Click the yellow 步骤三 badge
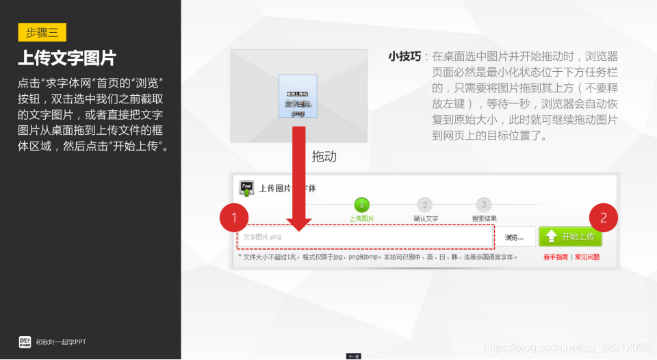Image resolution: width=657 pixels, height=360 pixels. click(42, 32)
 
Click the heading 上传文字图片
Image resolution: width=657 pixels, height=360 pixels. click(67, 57)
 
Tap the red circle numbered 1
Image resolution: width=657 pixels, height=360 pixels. click(234, 218)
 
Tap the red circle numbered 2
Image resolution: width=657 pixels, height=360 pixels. click(603, 218)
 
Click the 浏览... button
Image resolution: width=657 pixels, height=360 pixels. click(515, 237)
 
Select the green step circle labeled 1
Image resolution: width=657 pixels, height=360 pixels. click(361, 205)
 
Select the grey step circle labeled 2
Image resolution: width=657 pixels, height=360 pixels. click(424, 205)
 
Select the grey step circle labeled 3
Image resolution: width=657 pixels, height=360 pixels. click(484, 205)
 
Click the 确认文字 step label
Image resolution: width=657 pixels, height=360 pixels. click(425, 218)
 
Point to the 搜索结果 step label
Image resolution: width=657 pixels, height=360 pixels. click(484, 218)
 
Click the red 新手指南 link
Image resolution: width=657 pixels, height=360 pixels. click(556, 257)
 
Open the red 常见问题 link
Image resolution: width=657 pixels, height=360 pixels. click(587, 257)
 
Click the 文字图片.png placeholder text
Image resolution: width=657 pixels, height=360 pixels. click(262, 237)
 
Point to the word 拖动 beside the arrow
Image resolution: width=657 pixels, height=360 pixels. click(324, 157)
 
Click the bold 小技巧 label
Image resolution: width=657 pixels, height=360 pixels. click(403, 57)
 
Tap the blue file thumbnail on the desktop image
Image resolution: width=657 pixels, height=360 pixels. click(298, 99)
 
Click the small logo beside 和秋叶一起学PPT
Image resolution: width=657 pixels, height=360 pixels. click(25, 342)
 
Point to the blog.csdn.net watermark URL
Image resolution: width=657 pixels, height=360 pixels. click(567, 348)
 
